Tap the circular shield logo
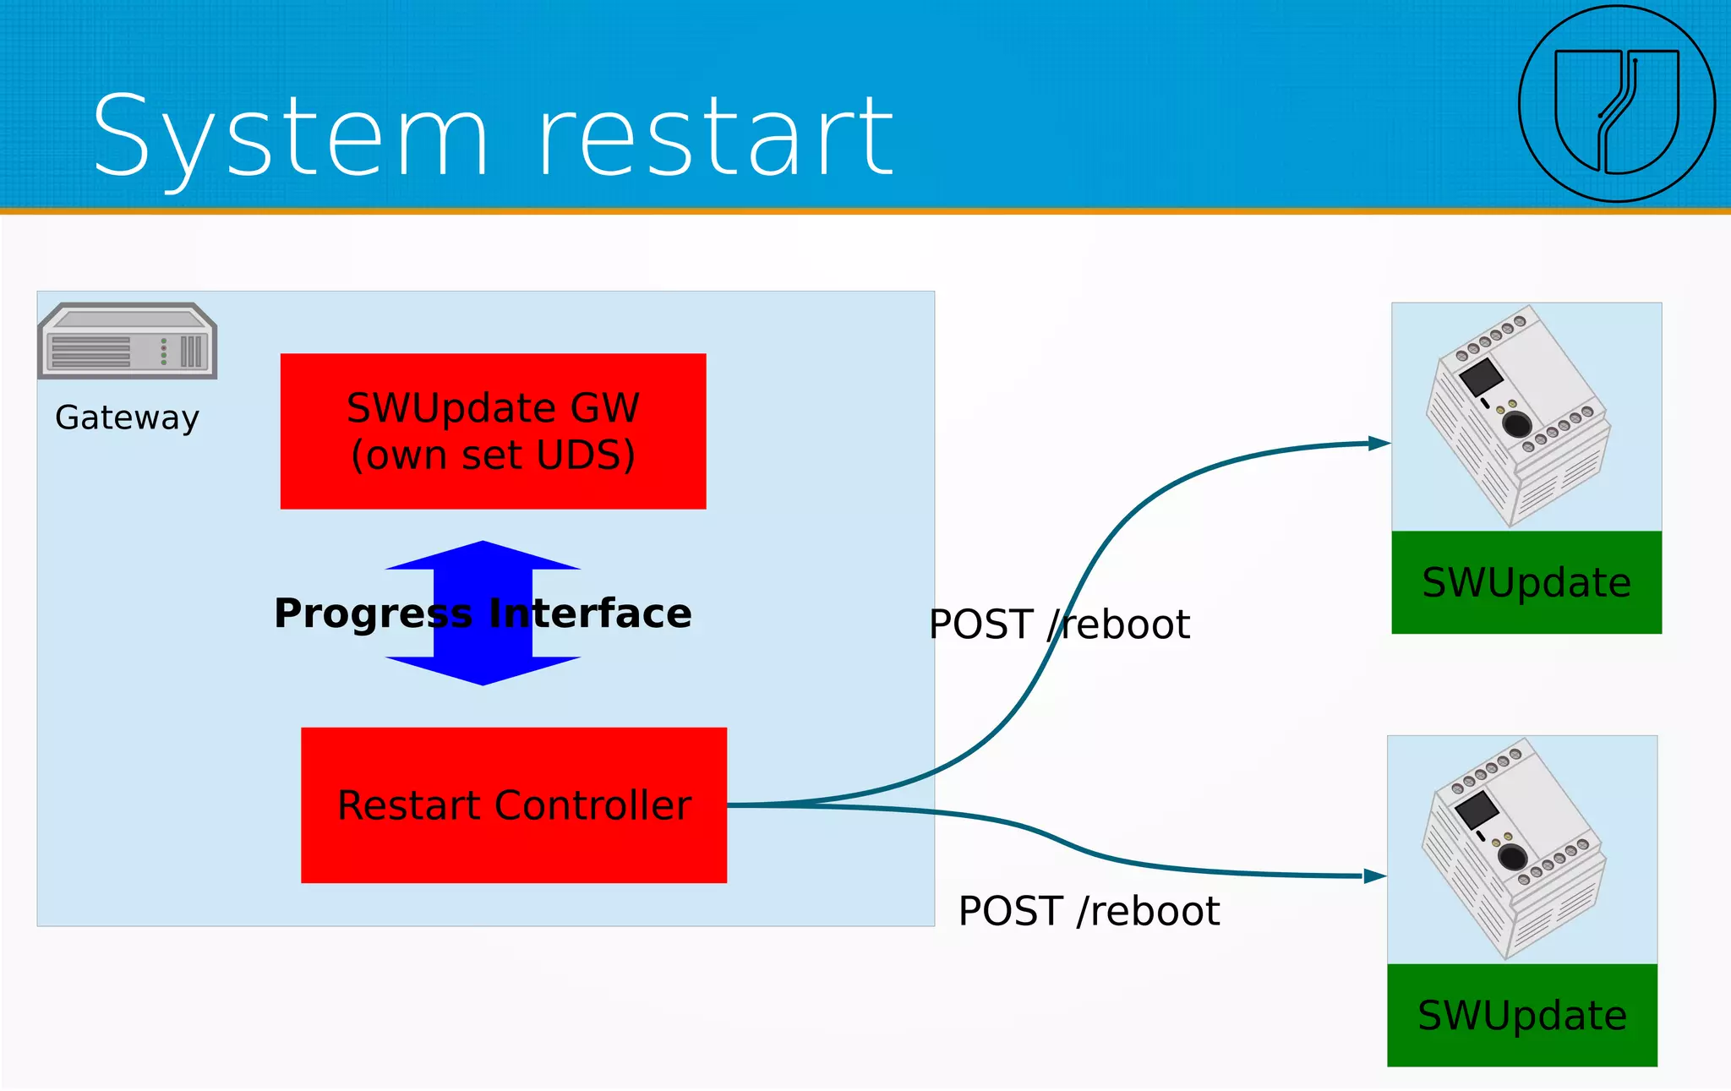click(x=1616, y=104)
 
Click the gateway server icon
click(x=128, y=341)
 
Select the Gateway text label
click(x=128, y=417)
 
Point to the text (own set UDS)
click(x=493, y=455)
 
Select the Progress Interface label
click(x=483, y=613)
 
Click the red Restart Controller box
click(x=514, y=805)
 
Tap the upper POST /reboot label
click(x=1059, y=625)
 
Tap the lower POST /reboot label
click(x=1089, y=912)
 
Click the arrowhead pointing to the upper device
click(x=1379, y=443)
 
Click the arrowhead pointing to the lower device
click(x=1375, y=876)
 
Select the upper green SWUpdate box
click(x=1526, y=582)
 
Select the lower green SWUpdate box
click(x=1522, y=1015)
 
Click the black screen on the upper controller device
click(x=1481, y=376)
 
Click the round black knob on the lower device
click(x=1512, y=857)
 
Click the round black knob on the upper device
click(x=1517, y=423)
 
